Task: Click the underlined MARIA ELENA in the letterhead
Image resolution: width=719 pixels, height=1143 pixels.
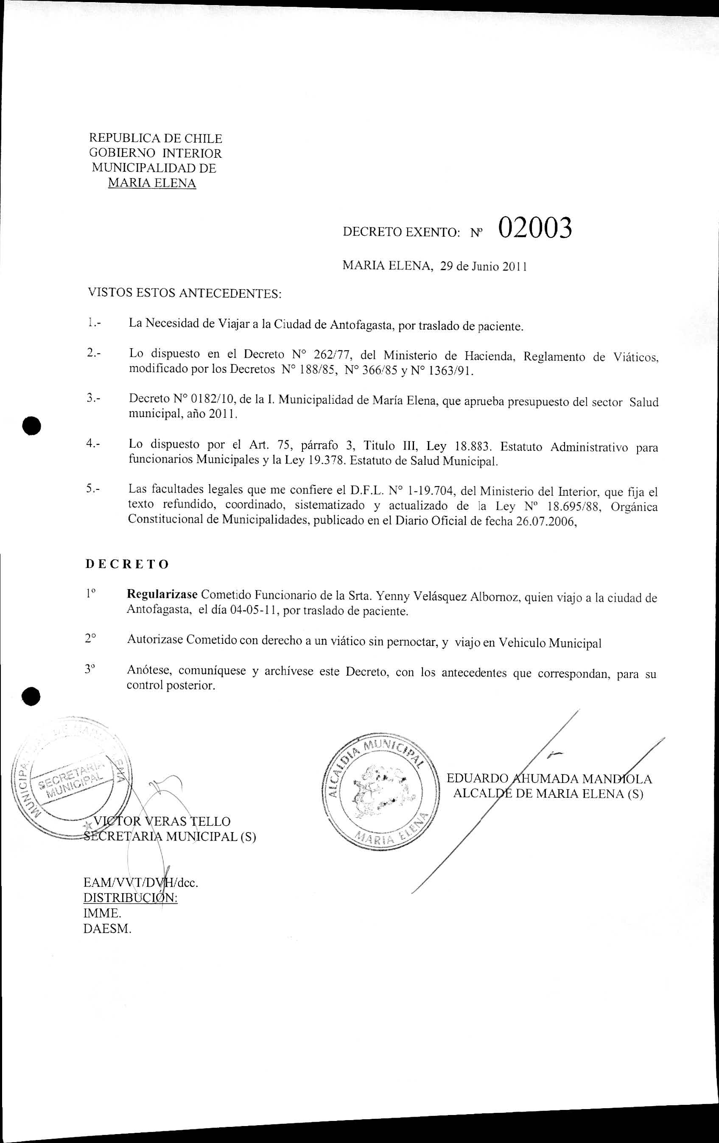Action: click(152, 183)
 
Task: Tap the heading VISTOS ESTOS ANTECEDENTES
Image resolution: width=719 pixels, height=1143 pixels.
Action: click(185, 294)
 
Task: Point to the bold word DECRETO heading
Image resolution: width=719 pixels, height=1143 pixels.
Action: click(127, 565)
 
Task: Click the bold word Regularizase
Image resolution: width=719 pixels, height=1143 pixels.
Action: click(162, 595)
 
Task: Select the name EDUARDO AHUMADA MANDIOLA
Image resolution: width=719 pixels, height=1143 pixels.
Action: click(549, 779)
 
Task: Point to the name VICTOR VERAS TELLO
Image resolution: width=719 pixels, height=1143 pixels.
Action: click(162, 822)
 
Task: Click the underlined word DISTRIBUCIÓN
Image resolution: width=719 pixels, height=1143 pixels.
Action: click(130, 899)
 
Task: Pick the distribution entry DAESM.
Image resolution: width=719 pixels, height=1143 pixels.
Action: click(107, 929)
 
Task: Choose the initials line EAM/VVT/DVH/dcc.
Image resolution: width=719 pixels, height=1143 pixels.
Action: click(140, 883)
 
